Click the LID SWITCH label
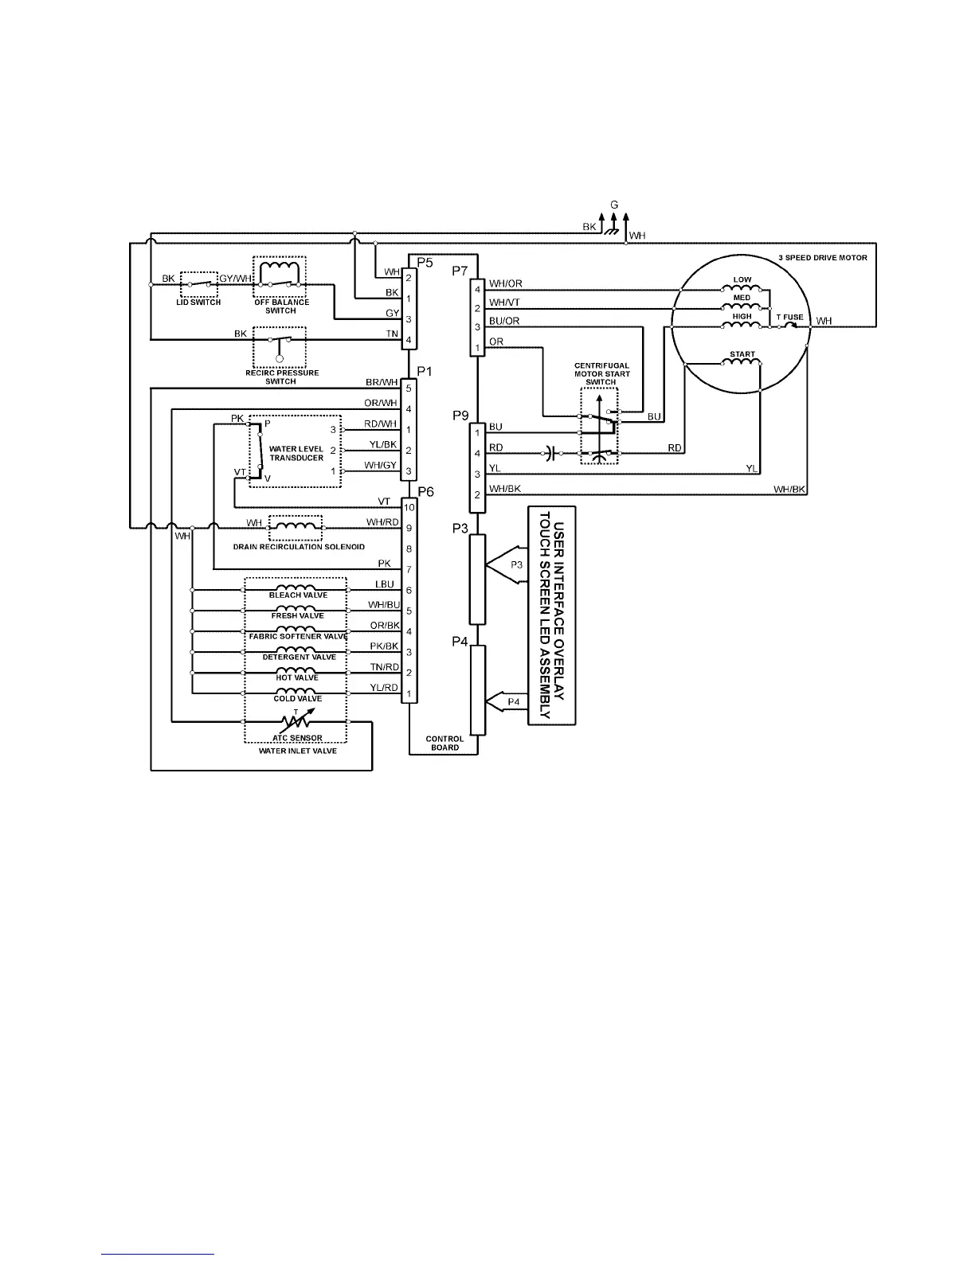point(198,303)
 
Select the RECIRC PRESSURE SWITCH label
point(281,377)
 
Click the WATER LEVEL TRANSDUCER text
point(296,453)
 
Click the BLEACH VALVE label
point(298,595)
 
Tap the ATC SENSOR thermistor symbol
point(296,721)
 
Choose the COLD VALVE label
point(297,698)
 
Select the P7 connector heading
point(460,271)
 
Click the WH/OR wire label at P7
point(505,283)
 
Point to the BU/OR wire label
point(504,321)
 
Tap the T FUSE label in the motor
point(790,317)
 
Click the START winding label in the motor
point(742,354)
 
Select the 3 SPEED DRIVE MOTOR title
point(823,258)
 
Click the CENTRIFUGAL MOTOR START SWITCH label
point(601,373)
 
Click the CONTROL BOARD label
point(444,743)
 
